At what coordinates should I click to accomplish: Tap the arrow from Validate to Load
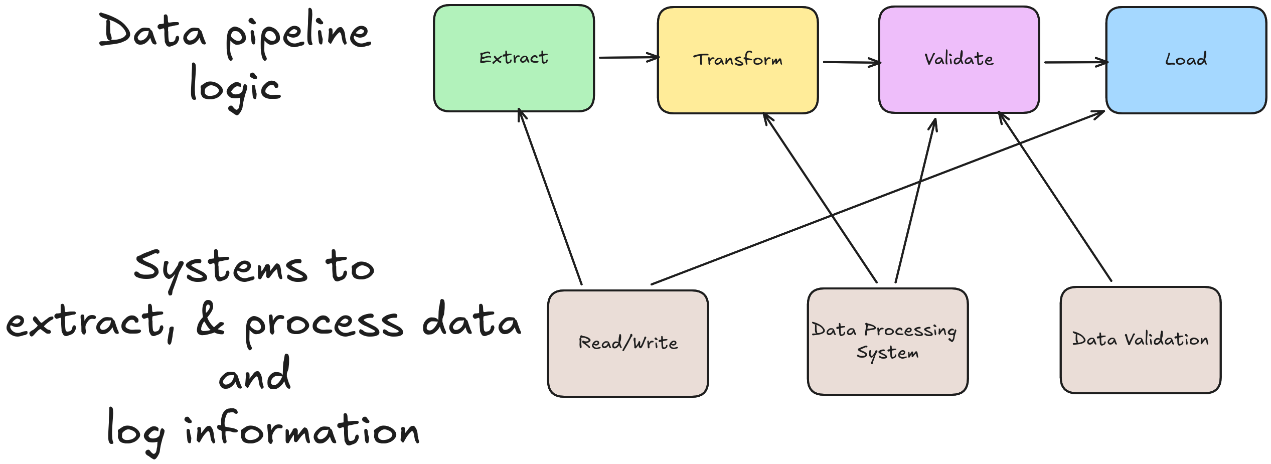pyautogui.click(x=1074, y=62)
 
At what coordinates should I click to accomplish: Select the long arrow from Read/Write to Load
pyautogui.click(x=878, y=198)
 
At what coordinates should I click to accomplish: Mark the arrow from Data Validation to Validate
pyautogui.click(x=1055, y=196)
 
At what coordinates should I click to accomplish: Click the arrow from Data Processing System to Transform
pyautogui.click(x=820, y=198)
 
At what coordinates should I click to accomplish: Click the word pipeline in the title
pyautogui.click(x=298, y=35)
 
